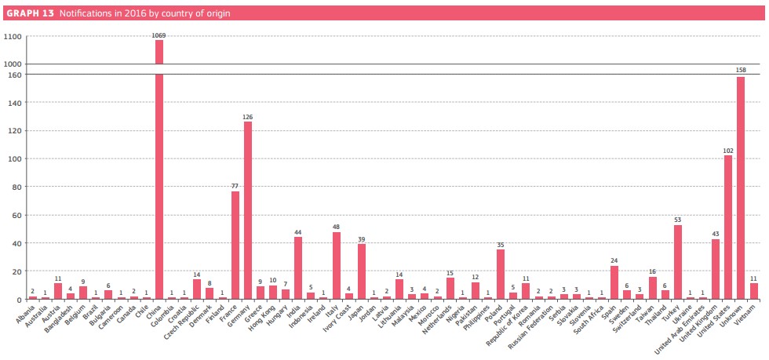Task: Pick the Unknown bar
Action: pyautogui.click(x=741, y=188)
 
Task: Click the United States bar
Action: pyautogui.click(x=728, y=227)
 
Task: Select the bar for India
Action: pyautogui.click(x=298, y=267)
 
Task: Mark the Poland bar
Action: pyautogui.click(x=501, y=275)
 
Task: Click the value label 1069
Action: pyautogui.click(x=159, y=35)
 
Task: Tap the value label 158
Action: pyautogui.click(x=741, y=71)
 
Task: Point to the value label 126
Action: pyautogui.click(x=248, y=116)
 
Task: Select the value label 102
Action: pyautogui.click(x=728, y=150)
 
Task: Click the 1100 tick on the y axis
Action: pyautogui.click(x=13, y=37)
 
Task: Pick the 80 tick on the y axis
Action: pyautogui.click(x=16, y=187)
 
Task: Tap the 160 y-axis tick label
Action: pyautogui.click(x=15, y=75)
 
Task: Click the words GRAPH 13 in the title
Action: pyautogui.click(x=30, y=13)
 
